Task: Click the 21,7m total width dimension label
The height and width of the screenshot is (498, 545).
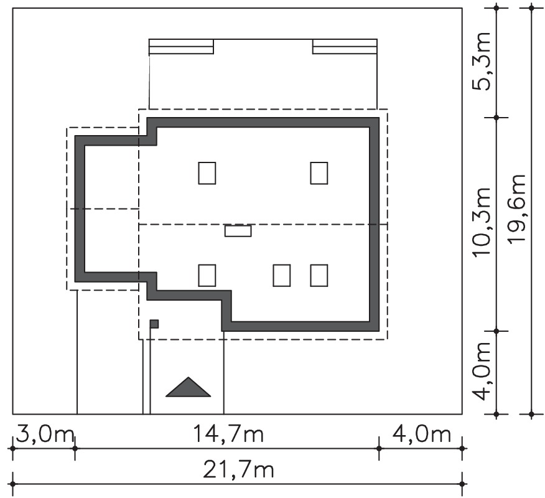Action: pos(238,470)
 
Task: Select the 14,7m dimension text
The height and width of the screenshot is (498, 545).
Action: pos(228,434)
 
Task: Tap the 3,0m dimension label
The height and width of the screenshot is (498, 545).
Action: pos(45,434)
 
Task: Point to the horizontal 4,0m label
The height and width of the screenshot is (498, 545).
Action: pos(422,434)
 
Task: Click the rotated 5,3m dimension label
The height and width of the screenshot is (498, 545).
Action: pos(482,62)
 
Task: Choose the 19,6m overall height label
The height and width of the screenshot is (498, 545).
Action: pos(516,210)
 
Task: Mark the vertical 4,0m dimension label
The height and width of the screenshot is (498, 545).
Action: pos(482,372)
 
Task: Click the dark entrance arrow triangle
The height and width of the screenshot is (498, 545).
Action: pos(188,387)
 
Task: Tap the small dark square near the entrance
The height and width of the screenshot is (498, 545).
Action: pos(154,324)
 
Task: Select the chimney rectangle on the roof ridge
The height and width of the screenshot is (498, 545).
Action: pos(238,231)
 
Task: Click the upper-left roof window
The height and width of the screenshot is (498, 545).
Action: pos(207,173)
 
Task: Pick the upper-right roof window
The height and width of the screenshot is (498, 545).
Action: pos(319,173)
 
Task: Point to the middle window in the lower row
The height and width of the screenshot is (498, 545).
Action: pos(282,275)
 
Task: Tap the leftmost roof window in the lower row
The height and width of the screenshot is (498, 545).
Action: pos(207,275)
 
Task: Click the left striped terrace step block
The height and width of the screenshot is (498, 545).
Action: pos(181,47)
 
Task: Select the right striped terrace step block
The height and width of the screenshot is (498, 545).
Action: pos(345,47)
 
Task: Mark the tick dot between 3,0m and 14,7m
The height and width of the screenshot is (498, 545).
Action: pos(75,449)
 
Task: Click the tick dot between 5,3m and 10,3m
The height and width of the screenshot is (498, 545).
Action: pos(496,118)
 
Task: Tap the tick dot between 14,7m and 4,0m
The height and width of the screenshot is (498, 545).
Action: pos(379,449)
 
